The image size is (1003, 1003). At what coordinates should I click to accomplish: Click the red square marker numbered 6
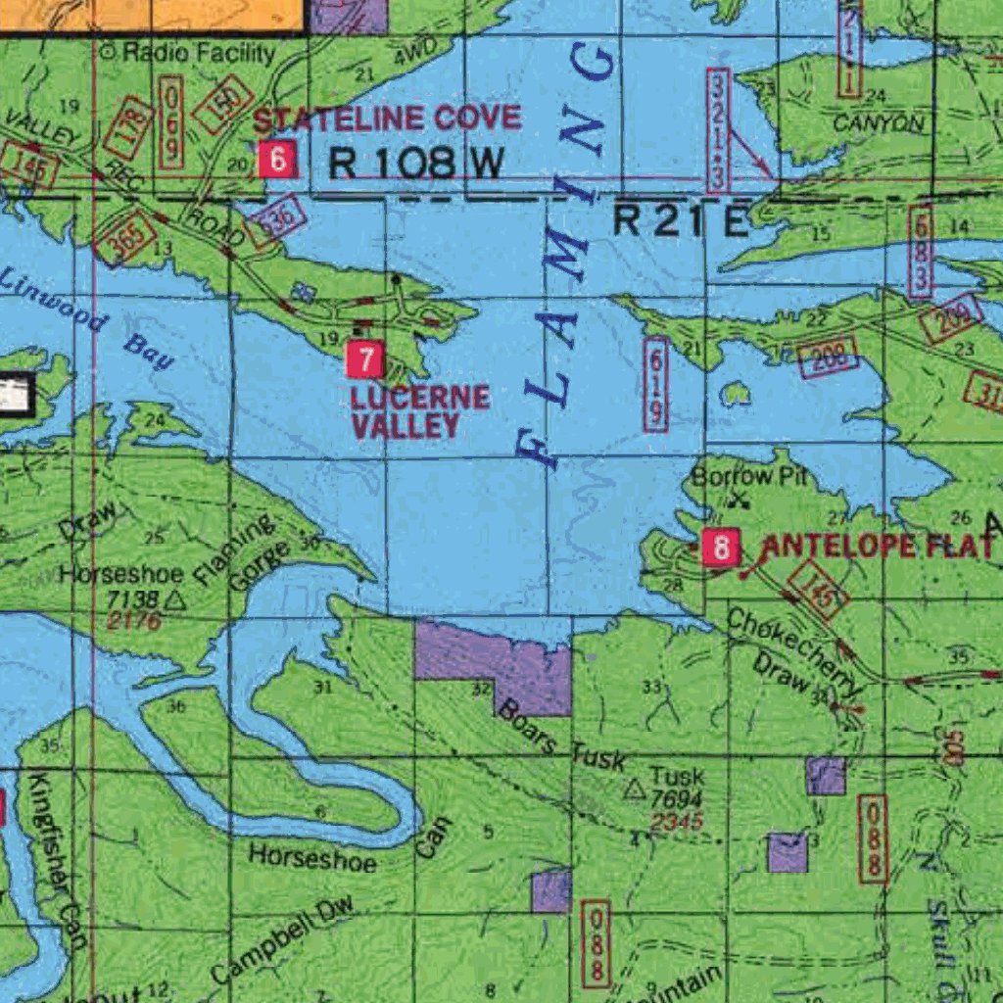point(278,160)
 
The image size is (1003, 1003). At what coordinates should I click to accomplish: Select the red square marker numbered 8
point(722,548)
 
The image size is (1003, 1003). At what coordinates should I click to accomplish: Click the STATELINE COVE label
point(387,119)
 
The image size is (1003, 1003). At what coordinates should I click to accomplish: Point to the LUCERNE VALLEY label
point(420,411)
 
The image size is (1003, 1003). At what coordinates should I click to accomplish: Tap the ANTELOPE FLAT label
point(877,547)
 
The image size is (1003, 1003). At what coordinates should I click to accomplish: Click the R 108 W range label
point(415,164)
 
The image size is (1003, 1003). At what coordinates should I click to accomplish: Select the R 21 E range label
point(681,221)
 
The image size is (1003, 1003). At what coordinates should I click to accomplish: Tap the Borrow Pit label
point(733,477)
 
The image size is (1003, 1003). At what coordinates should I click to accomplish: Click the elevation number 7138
point(132,598)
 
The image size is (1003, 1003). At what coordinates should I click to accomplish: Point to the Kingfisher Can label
point(55,861)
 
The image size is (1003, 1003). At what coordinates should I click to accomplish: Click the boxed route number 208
point(828,358)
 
